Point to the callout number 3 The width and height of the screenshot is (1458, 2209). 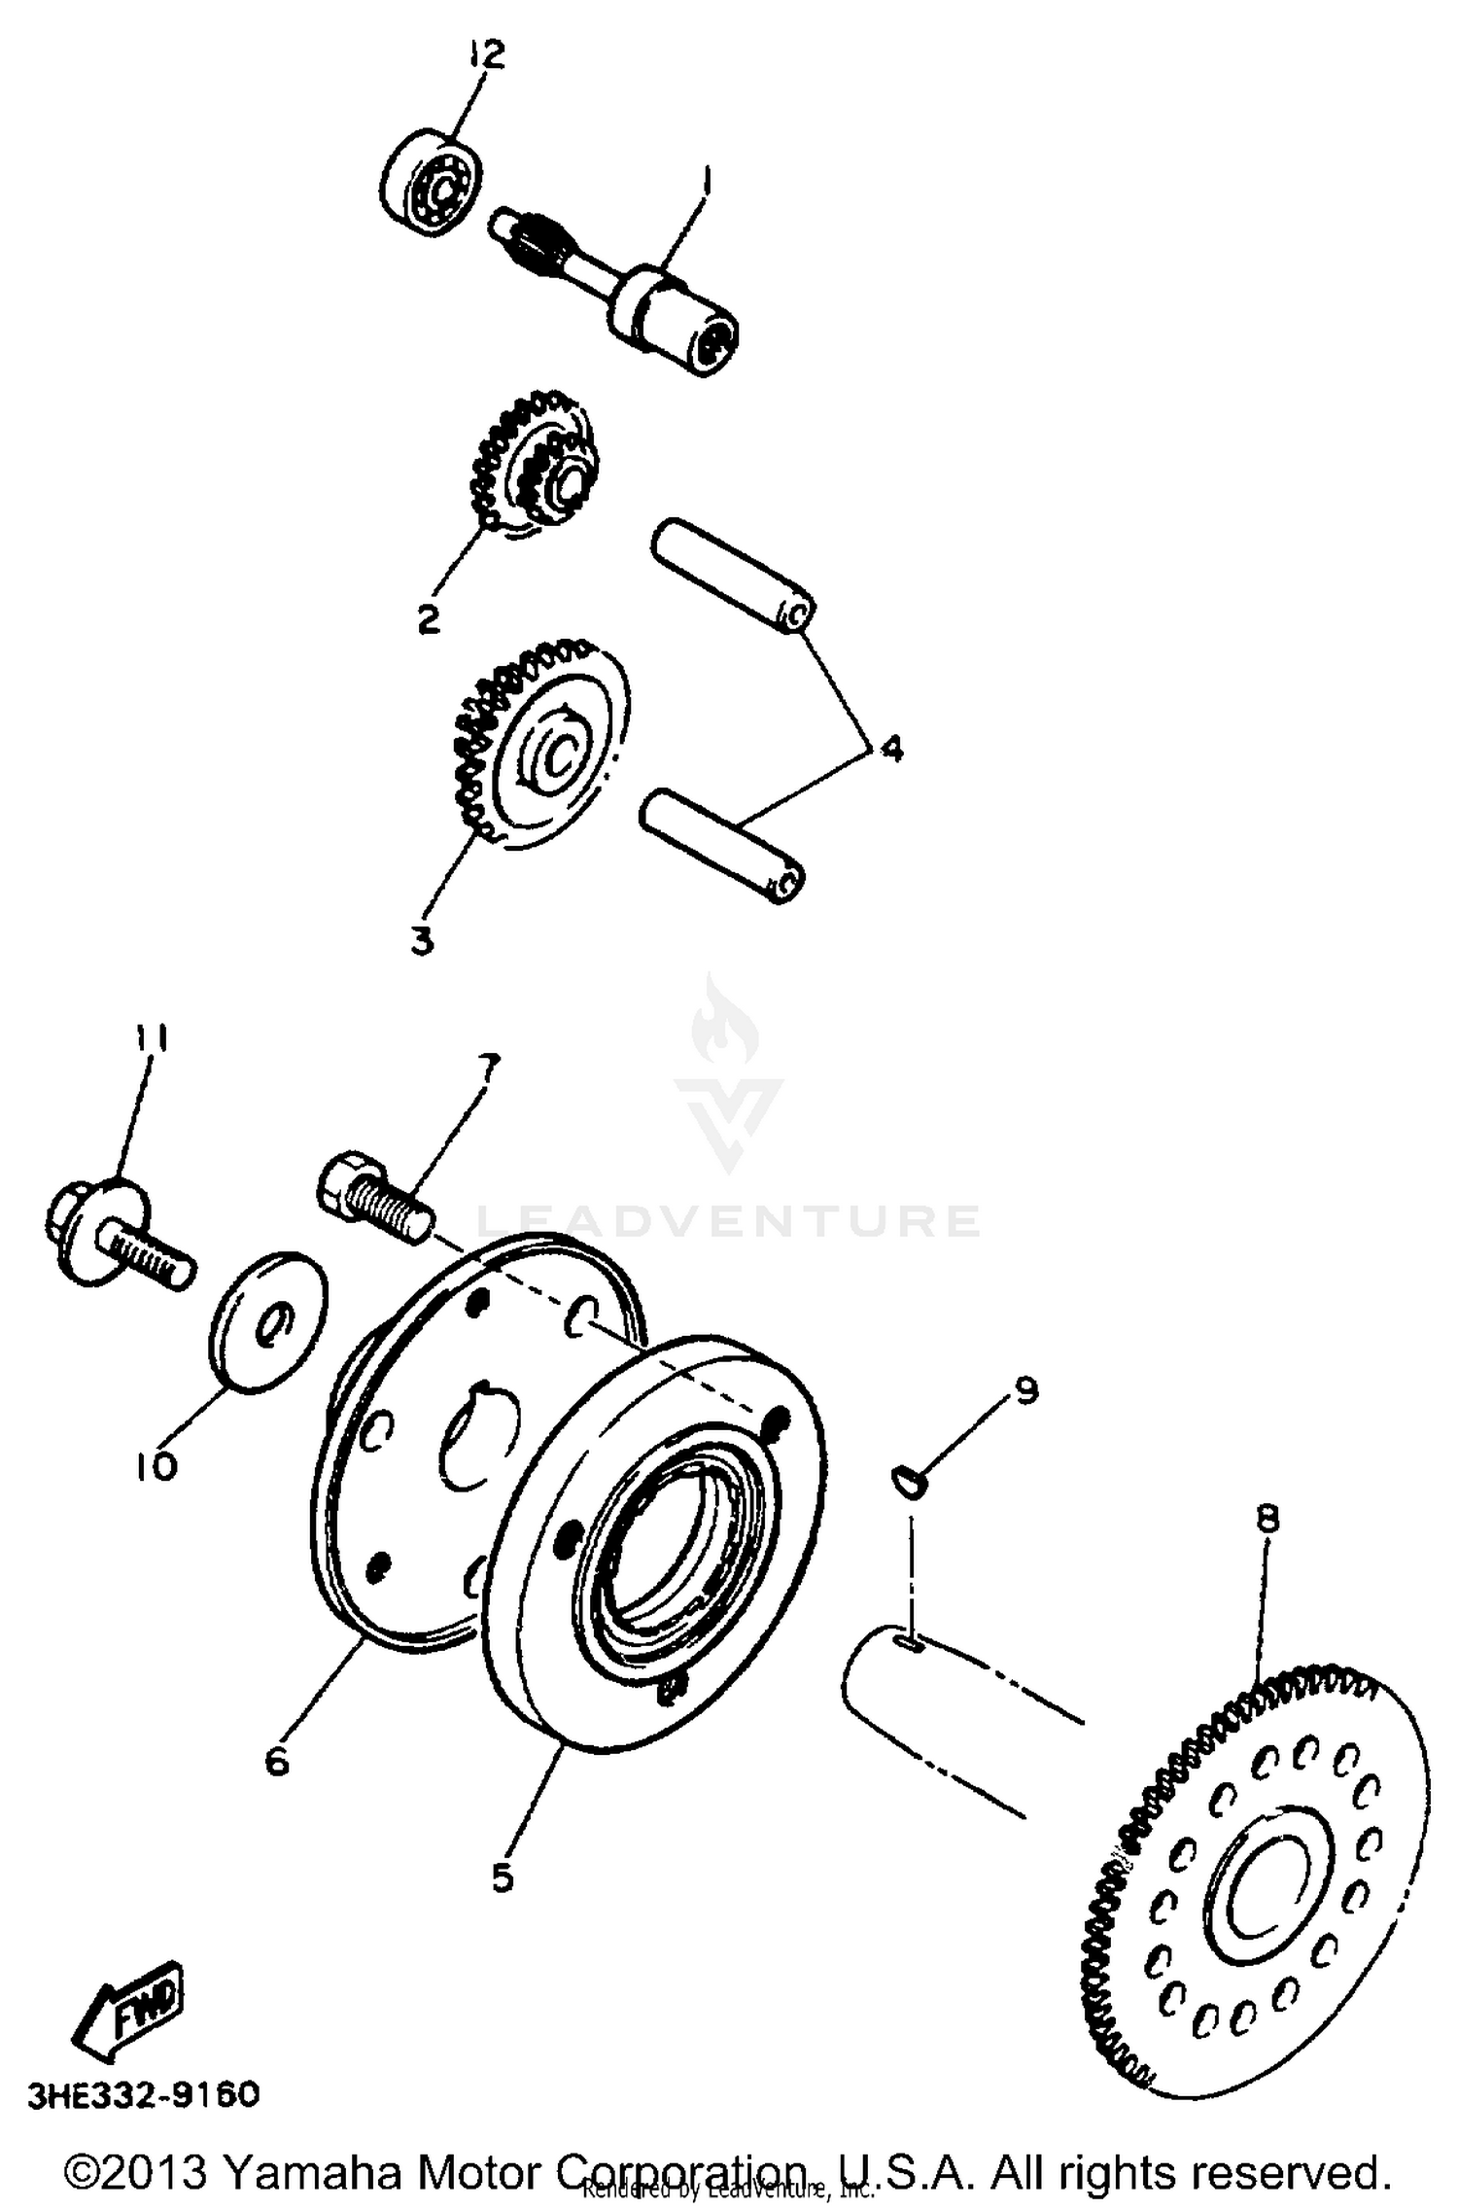(x=423, y=940)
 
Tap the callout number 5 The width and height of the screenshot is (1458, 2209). (x=502, y=1877)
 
